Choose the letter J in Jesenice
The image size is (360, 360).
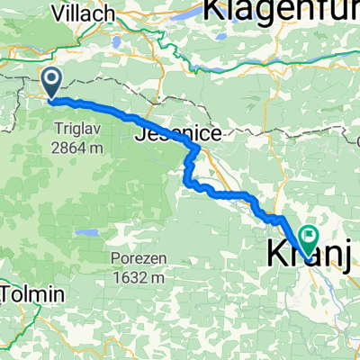pos(144,135)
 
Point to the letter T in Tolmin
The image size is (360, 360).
pos(11,294)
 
